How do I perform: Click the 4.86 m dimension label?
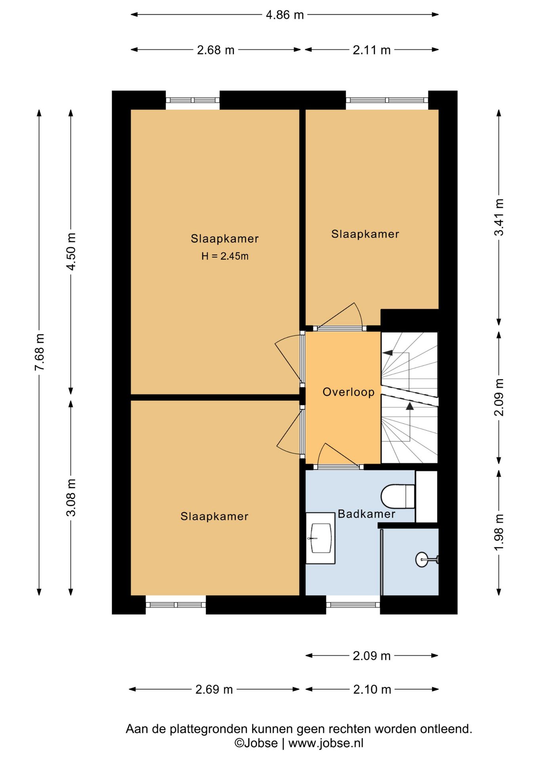(x=284, y=15)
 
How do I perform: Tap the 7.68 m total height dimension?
(x=40, y=352)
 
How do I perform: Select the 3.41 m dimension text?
(x=499, y=217)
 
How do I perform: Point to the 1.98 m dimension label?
(x=499, y=532)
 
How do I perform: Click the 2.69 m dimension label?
(x=214, y=689)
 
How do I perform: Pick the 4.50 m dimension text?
(x=71, y=252)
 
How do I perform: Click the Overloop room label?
(x=349, y=392)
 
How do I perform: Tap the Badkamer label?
(x=366, y=514)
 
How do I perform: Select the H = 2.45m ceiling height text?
(x=225, y=256)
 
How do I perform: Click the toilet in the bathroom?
(x=398, y=496)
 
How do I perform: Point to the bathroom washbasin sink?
(x=321, y=538)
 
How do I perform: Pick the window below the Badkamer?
(x=353, y=604)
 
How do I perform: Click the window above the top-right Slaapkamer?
(x=387, y=100)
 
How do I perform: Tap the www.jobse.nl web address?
(x=326, y=743)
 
